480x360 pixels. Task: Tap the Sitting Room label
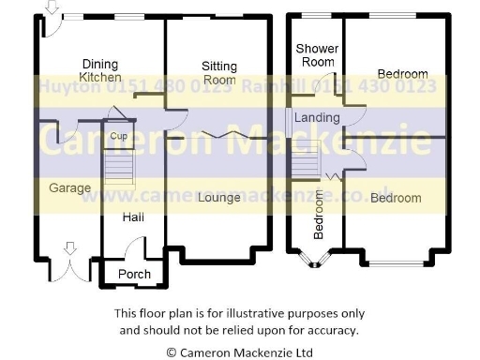pos(218,73)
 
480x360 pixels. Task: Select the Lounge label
pos(219,198)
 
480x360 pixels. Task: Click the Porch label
pos(134,274)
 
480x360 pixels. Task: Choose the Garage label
pos(70,187)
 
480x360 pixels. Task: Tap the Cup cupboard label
pos(118,137)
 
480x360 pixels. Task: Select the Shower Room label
pos(315,55)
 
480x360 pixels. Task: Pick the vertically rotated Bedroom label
pos(319,215)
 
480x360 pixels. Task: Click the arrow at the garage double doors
pos(68,248)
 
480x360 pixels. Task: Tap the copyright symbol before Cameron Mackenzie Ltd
pos(171,352)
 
